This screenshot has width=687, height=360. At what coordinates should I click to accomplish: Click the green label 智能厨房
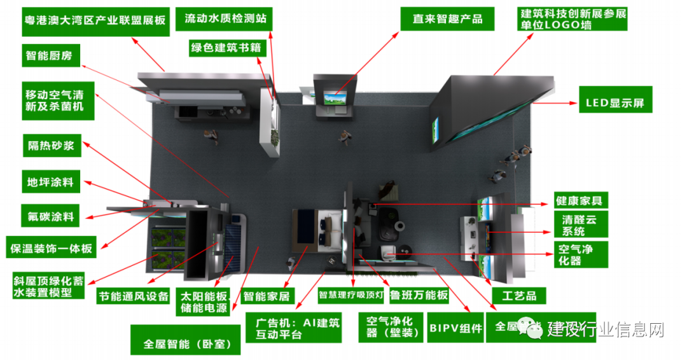(49, 55)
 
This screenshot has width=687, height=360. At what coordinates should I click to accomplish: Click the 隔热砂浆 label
(50, 146)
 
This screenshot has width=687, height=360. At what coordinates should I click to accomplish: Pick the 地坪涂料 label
(50, 182)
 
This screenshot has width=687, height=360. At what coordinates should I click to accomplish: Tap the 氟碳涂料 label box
(50, 216)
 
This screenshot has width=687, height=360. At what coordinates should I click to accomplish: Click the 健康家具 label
(578, 200)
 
